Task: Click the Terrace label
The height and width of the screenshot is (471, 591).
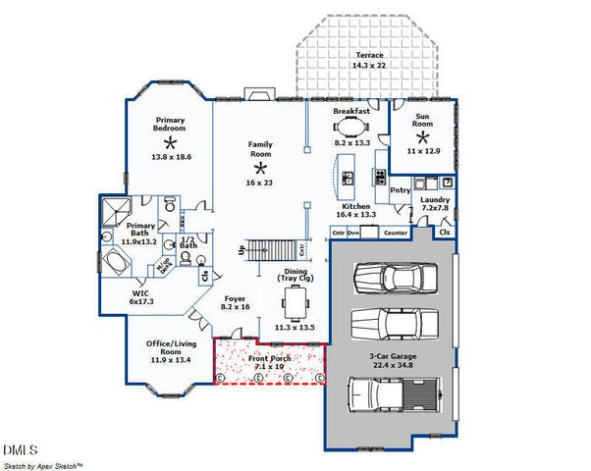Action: [369, 55]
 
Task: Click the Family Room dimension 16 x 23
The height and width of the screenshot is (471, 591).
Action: [260, 182]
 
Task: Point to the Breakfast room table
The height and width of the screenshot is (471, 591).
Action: [351, 126]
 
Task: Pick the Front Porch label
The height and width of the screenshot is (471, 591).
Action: [271, 358]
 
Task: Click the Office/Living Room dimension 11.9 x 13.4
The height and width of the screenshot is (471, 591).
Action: [169, 360]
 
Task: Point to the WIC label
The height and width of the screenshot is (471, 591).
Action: [141, 292]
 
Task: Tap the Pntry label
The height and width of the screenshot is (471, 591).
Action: [400, 190]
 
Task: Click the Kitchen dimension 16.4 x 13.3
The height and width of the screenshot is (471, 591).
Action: [356, 214]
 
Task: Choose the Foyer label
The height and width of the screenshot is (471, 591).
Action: [235, 298]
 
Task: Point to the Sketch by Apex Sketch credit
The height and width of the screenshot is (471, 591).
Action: [43, 464]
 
